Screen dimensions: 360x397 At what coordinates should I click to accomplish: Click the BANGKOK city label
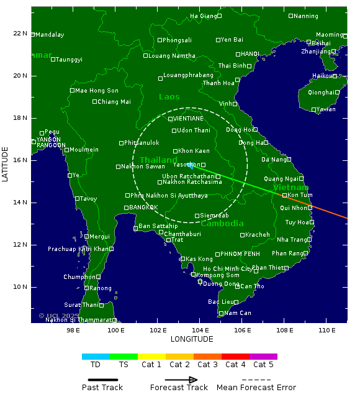[x=143, y=208]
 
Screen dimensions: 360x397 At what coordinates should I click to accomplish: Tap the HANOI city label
[x=250, y=54]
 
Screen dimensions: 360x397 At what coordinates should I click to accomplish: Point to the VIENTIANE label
[x=188, y=119]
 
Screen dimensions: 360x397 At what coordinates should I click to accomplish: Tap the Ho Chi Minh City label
[x=228, y=269]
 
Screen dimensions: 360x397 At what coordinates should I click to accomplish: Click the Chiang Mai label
[x=114, y=102]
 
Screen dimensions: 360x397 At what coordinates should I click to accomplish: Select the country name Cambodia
[x=222, y=224]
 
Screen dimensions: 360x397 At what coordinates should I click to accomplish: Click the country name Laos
[x=169, y=97]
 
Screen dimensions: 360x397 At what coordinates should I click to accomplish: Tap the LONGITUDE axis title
[x=189, y=339]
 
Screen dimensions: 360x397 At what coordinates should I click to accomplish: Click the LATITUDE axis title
[x=6, y=165]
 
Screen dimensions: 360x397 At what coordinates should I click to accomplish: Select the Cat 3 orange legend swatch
[x=207, y=357]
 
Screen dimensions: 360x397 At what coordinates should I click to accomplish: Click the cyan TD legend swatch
[x=96, y=357]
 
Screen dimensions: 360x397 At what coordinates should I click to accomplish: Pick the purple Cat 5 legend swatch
[x=263, y=357]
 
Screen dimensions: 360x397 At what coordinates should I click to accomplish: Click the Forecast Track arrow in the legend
[x=181, y=380]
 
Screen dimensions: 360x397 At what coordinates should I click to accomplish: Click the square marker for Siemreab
[x=197, y=216]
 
